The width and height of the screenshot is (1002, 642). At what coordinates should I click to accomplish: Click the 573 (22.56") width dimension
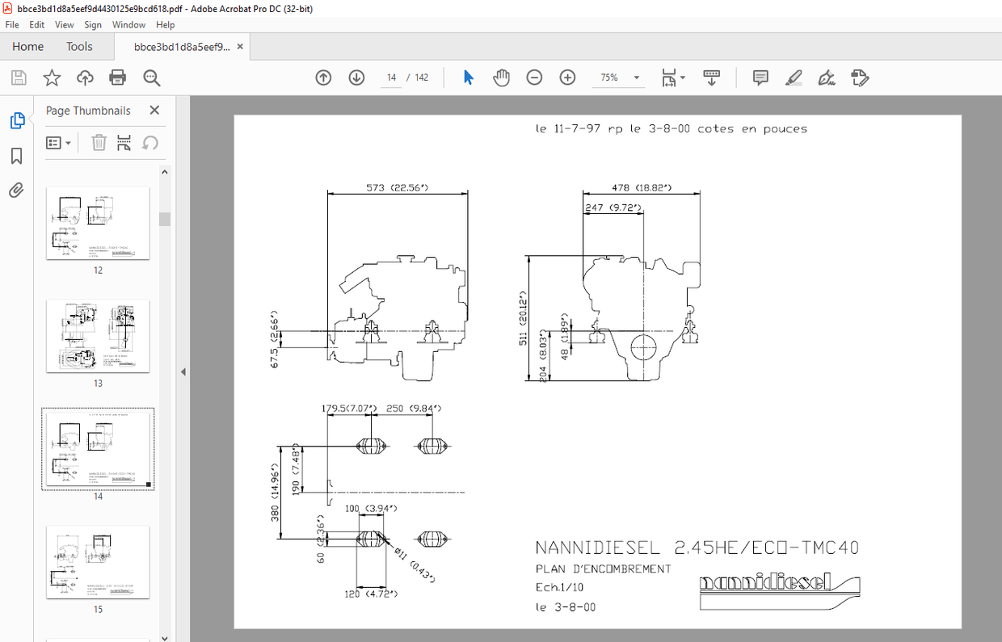(x=397, y=187)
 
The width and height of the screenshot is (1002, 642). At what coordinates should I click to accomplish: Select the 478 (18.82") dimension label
(x=642, y=187)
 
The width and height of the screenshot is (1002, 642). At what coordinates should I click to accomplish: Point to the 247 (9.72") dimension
(x=613, y=208)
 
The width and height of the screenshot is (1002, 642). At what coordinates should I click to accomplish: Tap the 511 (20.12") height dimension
(x=523, y=319)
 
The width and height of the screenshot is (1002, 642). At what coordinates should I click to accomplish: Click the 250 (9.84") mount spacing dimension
(x=413, y=408)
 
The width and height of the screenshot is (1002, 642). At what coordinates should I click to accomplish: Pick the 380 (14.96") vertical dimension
(x=275, y=493)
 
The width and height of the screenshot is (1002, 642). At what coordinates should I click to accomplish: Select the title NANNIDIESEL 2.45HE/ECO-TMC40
(x=697, y=548)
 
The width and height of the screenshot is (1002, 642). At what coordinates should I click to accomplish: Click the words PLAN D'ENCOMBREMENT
(x=603, y=569)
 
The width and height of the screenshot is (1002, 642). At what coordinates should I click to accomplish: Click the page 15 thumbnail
(x=98, y=562)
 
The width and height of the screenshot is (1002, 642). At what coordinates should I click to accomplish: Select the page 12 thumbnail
(x=98, y=223)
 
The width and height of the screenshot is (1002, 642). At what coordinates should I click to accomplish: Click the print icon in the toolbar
(x=118, y=78)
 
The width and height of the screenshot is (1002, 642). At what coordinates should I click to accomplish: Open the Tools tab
(x=79, y=47)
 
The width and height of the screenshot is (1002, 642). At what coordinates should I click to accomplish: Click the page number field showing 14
(x=392, y=78)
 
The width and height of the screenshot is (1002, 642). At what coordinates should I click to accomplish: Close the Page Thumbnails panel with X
(x=154, y=111)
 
